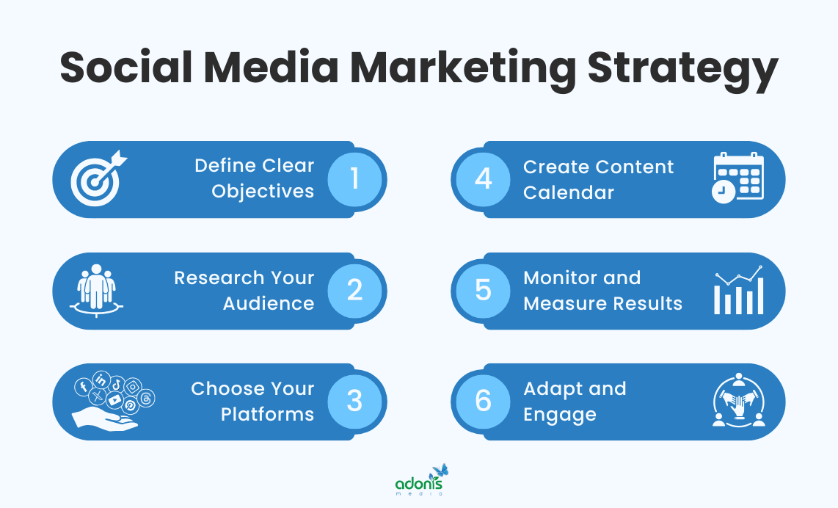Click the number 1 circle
point(355,179)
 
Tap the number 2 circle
point(355,291)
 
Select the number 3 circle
point(355,402)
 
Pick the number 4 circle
point(483,179)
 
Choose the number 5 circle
point(483,291)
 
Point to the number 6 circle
point(483,402)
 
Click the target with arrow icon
point(98,179)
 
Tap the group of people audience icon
point(97,289)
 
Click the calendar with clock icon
point(738,178)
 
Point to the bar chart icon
point(739,291)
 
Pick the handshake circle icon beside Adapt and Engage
point(739,402)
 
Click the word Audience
point(269,304)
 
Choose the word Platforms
point(267,415)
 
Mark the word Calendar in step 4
point(569,192)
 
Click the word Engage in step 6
point(560,415)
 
